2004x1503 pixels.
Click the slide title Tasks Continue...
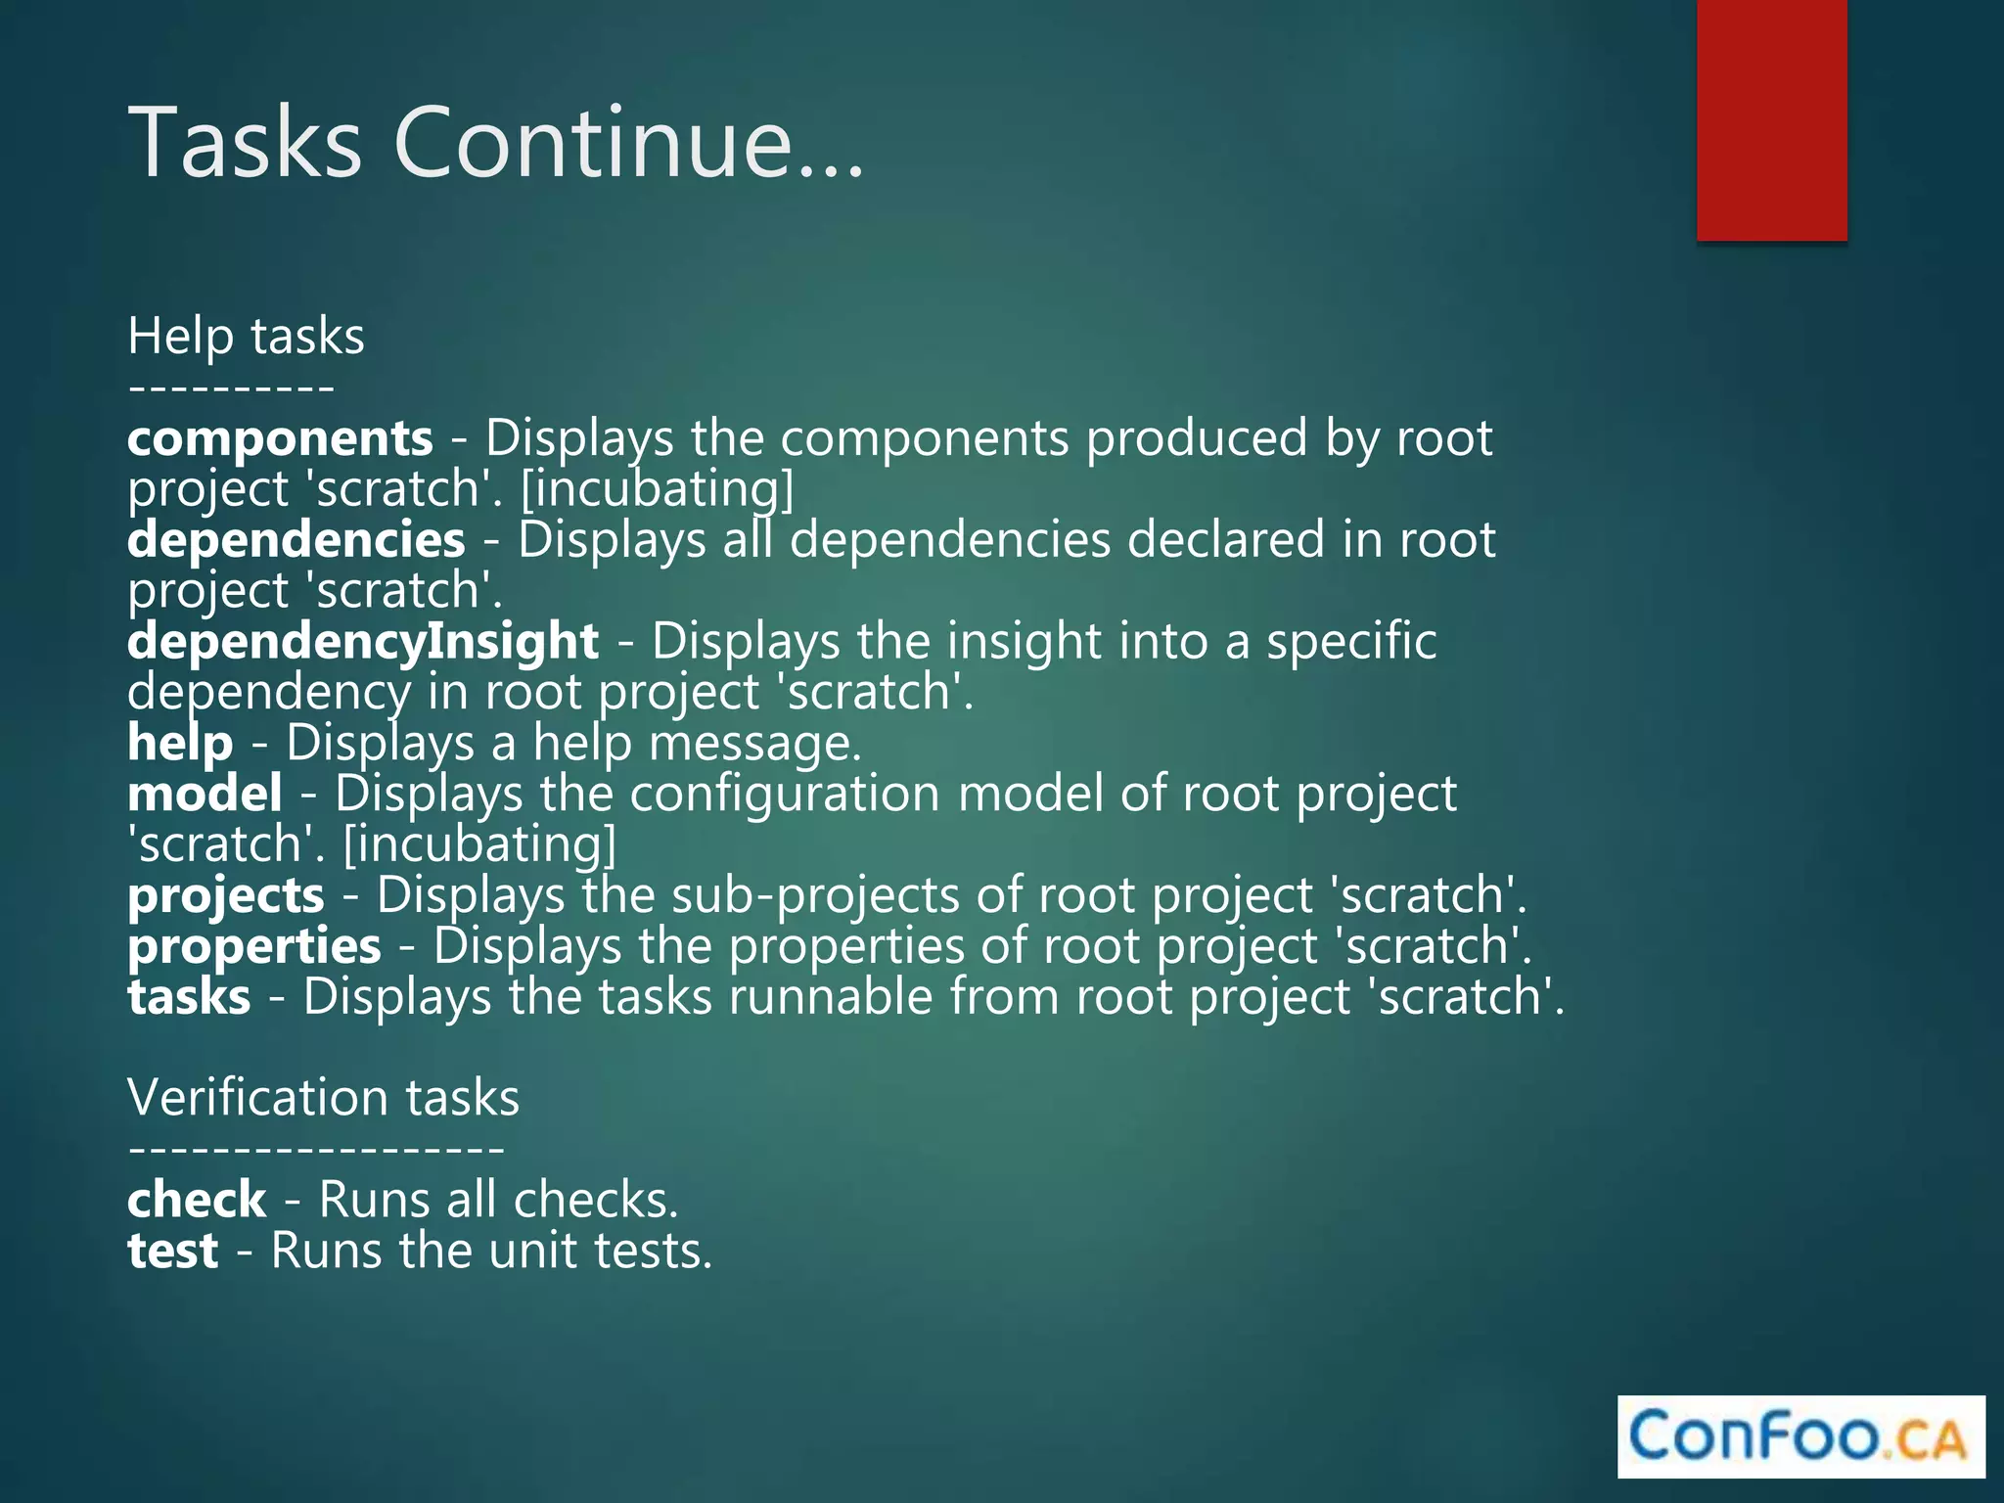496,143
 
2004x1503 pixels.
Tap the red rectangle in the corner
1771,119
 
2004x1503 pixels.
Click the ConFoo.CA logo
1800,1436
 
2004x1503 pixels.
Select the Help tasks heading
246,336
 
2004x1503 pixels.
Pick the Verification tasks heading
323,1097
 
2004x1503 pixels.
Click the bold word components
280,437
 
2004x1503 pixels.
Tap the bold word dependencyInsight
363,641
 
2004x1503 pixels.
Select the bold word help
180,743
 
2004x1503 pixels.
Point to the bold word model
205,794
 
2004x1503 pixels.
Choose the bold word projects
225,895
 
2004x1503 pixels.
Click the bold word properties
253,946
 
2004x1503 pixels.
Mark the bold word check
197,1200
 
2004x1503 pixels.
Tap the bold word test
172,1251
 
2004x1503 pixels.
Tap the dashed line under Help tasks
232,388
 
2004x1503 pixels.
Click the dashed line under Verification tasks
316,1150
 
